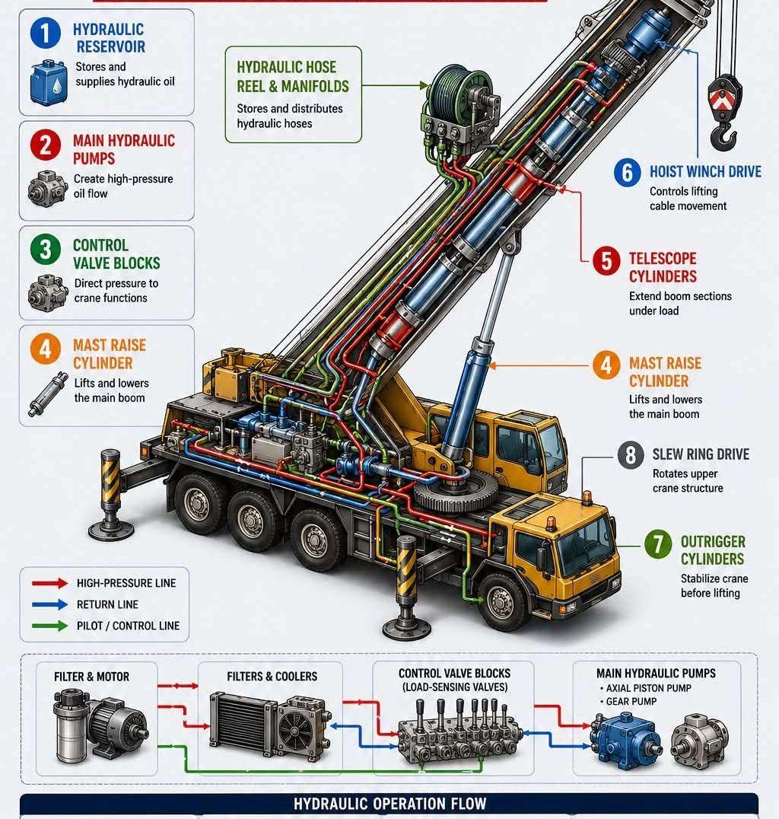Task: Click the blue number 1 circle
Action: point(46,33)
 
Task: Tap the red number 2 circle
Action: point(46,145)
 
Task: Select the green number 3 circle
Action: point(46,249)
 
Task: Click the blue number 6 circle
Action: point(627,173)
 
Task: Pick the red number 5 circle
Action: point(607,260)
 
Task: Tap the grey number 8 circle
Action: point(631,455)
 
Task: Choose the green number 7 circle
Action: point(658,544)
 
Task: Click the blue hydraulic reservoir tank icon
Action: point(49,81)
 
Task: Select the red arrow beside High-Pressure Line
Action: point(49,583)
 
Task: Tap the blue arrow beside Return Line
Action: point(49,604)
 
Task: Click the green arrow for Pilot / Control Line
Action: point(49,626)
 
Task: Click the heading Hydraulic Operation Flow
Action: point(389,803)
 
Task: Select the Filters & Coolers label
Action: point(272,677)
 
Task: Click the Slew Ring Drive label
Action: point(701,454)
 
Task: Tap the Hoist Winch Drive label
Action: point(705,172)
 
